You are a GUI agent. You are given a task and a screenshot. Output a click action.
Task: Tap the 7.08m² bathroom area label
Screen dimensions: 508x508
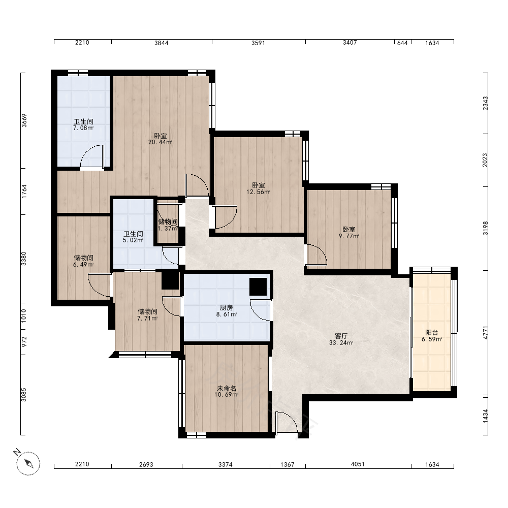pyautogui.click(x=84, y=125)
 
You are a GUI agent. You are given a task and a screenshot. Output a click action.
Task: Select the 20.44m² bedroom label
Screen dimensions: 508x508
pyautogui.click(x=160, y=139)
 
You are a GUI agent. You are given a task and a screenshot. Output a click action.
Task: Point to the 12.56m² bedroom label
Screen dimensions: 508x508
pyautogui.click(x=258, y=188)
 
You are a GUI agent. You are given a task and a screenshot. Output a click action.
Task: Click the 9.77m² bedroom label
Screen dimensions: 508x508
pyautogui.click(x=349, y=233)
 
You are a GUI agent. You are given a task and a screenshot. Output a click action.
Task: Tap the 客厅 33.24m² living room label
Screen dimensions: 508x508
pyautogui.click(x=341, y=339)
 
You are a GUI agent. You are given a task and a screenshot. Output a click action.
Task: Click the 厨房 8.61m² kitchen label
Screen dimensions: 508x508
pyautogui.click(x=226, y=311)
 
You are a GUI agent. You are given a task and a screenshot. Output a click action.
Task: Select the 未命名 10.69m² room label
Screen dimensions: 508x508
pyautogui.click(x=226, y=391)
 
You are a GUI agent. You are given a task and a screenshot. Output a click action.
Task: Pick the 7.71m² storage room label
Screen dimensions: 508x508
pyautogui.click(x=147, y=315)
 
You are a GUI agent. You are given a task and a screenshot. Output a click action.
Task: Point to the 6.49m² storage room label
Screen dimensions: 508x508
pyautogui.click(x=84, y=261)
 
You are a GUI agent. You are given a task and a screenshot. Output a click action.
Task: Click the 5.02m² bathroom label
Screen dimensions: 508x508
pyautogui.click(x=133, y=237)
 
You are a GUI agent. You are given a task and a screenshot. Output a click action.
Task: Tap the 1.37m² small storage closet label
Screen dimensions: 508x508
pyautogui.click(x=168, y=225)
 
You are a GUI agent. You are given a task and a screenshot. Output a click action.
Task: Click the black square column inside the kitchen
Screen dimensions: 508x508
pyautogui.click(x=258, y=287)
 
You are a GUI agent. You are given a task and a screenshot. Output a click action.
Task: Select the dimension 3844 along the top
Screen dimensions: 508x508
pyautogui.click(x=161, y=43)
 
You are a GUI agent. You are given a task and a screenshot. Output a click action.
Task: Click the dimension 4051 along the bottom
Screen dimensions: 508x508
pyautogui.click(x=358, y=464)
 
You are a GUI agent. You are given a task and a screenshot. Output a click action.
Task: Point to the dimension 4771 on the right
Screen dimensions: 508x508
pyautogui.click(x=485, y=333)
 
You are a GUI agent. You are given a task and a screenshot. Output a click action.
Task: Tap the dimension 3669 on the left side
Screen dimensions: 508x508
pyautogui.click(x=24, y=120)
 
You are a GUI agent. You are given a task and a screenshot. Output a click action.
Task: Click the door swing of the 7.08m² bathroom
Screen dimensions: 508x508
pyautogui.click(x=92, y=157)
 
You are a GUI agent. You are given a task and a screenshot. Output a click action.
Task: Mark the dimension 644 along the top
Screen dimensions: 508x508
pyautogui.click(x=402, y=43)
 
